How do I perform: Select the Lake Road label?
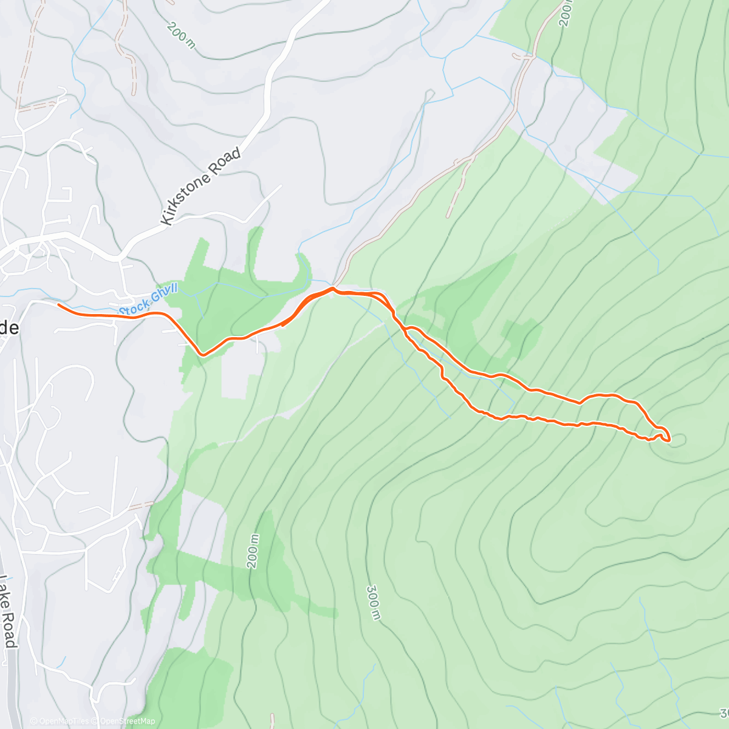click(x=7, y=611)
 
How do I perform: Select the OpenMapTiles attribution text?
click(x=63, y=721)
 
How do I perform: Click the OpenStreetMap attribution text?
click(x=128, y=721)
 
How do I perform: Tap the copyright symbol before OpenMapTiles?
click(x=33, y=721)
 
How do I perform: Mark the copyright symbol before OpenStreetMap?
click(x=96, y=721)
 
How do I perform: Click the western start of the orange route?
click(x=58, y=304)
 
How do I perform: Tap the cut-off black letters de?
click(x=9, y=328)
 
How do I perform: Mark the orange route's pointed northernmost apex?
click(x=333, y=289)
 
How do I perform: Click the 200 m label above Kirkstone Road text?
click(x=182, y=36)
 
